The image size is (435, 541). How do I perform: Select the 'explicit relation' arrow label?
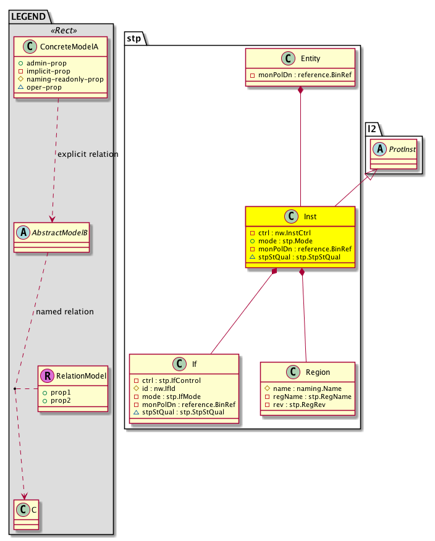87,154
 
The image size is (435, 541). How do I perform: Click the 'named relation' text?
65,312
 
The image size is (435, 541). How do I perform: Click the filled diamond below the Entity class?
300,91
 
